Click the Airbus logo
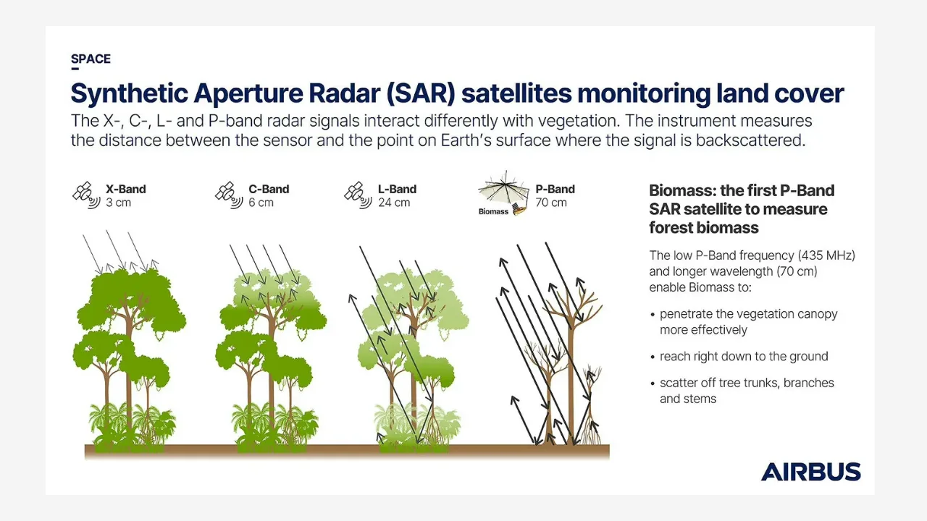pyautogui.click(x=810, y=472)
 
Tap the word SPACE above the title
pyautogui.click(x=91, y=59)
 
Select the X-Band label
pyautogui.click(x=126, y=189)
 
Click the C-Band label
pyautogui.click(x=269, y=189)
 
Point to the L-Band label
pyautogui.click(x=397, y=189)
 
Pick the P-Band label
pyautogui.click(x=555, y=189)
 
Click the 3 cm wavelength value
pyautogui.click(x=118, y=203)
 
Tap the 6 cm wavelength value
pyautogui.click(x=261, y=203)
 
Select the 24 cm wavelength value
pyautogui.click(x=394, y=203)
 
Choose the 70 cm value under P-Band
pyautogui.click(x=551, y=203)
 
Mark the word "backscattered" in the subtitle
pyautogui.click(x=750, y=140)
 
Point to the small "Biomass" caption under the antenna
pyautogui.click(x=493, y=211)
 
